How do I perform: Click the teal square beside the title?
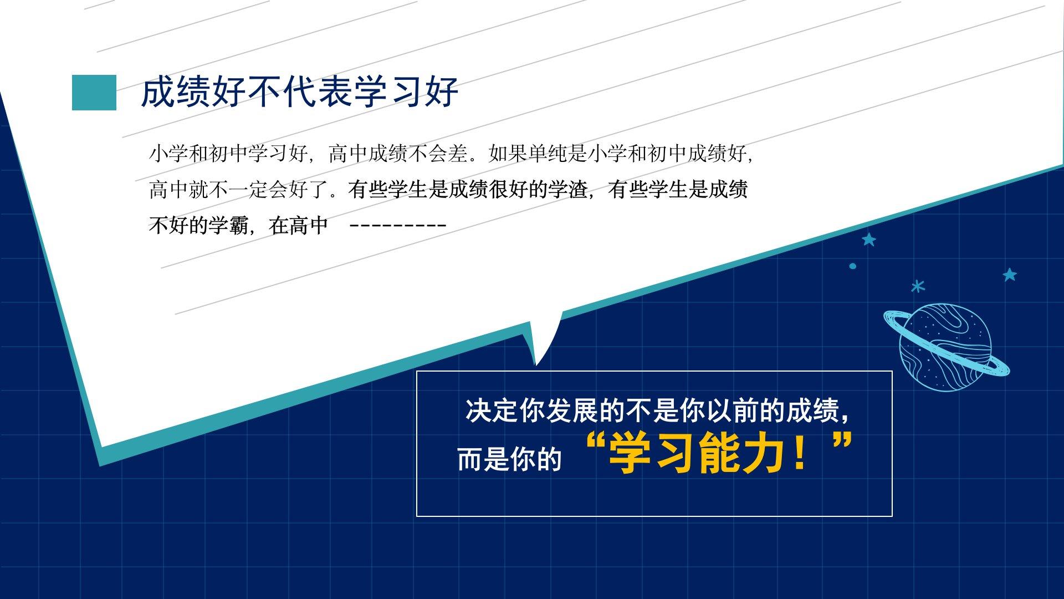click(94, 93)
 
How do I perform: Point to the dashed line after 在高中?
click(399, 226)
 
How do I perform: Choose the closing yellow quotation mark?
click(842, 444)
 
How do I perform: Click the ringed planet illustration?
click(945, 347)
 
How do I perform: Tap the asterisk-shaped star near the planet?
click(918, 286)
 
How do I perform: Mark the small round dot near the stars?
click(853, 266)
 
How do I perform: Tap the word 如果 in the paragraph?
click(508, 154)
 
